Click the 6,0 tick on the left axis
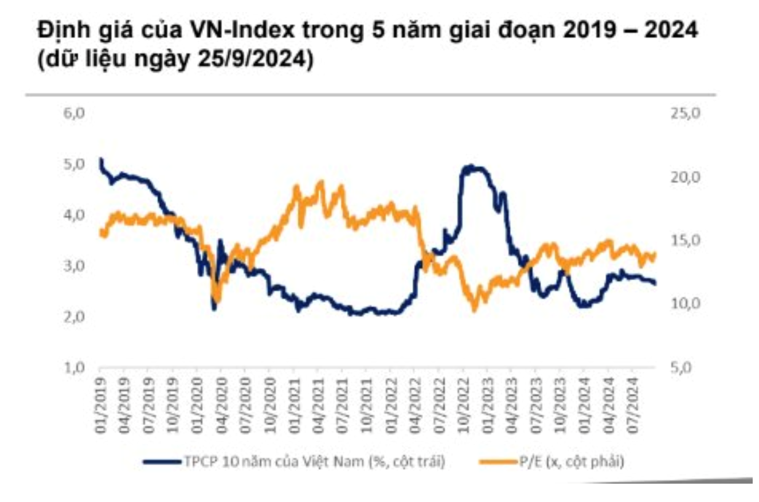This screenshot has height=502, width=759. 75,113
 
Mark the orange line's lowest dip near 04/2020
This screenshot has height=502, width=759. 216,301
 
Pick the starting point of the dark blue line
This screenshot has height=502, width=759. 101,159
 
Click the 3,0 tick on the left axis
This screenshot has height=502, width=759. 75,266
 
